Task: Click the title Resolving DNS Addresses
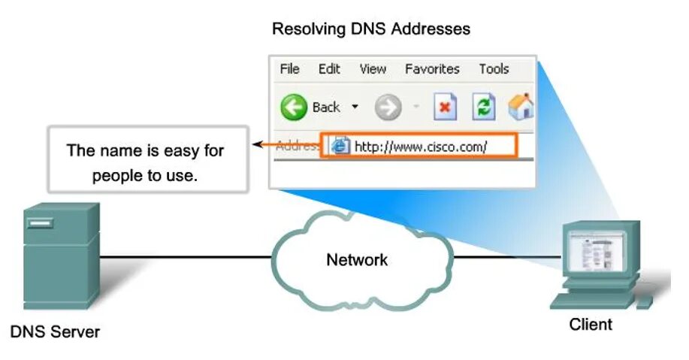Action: (370, 29)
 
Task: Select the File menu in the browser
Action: (289, 69)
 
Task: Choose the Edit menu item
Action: (329, 69)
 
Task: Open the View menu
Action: (373, 69)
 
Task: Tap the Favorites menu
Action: (432, 69)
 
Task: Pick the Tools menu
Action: (494, 69)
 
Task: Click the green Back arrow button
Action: (294, 107)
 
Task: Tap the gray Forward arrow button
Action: (388, 108)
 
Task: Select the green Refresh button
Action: (483, 107)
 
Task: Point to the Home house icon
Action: (521, 107)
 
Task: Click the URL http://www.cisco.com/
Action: (421, 147)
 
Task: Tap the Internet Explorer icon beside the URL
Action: (340, 147)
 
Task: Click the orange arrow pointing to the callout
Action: (262, 145)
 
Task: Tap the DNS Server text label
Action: (55, 331)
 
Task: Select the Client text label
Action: (591, 325)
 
